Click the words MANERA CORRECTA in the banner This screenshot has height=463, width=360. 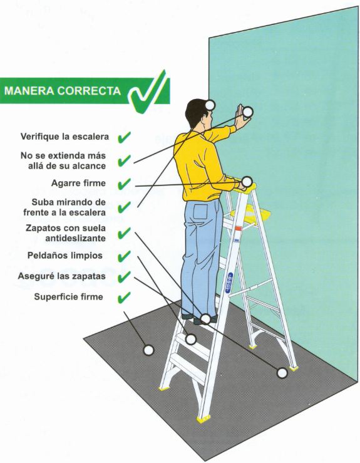coord(63,91)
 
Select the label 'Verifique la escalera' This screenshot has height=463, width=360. coord(64,137)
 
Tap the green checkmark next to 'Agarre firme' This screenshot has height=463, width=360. coord(124,184)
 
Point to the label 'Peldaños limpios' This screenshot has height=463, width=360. coord(65,256)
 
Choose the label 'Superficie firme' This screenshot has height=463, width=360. coord(68,296)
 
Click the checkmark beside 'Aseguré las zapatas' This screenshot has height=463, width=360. coord(124,277)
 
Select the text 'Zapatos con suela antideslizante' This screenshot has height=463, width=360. coord(66,233)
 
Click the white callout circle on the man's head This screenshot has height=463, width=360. coord(210,105)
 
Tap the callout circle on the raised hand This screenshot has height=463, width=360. coord(247,112)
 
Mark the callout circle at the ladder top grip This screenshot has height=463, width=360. coord(247,181)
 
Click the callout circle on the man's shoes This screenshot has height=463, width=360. coord(205,319)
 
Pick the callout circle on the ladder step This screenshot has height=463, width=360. coord(191,339)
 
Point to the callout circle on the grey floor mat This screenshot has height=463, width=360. coord(148,350)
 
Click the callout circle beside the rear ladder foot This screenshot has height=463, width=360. coord(282,373)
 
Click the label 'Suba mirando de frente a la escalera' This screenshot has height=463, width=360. coord(64,207)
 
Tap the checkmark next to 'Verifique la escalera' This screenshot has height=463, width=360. coord(124,138)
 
